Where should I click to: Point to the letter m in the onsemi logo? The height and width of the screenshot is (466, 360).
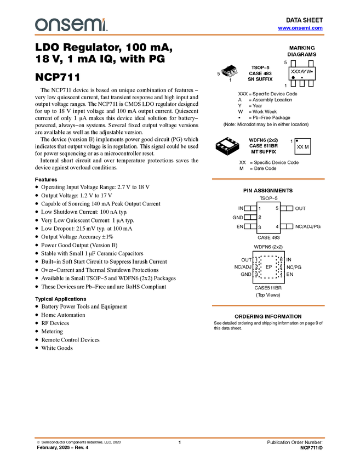(91, 25)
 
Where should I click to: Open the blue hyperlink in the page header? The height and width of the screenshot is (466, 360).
(300, 28)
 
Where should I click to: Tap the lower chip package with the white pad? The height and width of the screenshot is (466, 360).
(227, 144)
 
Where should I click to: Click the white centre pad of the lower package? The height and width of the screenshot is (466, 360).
(227, 143)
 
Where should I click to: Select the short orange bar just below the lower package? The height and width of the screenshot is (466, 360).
(268, 179)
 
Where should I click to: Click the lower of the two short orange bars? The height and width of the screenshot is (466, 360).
(268, 305)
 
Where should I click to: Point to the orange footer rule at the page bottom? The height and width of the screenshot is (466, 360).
(180, 438)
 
